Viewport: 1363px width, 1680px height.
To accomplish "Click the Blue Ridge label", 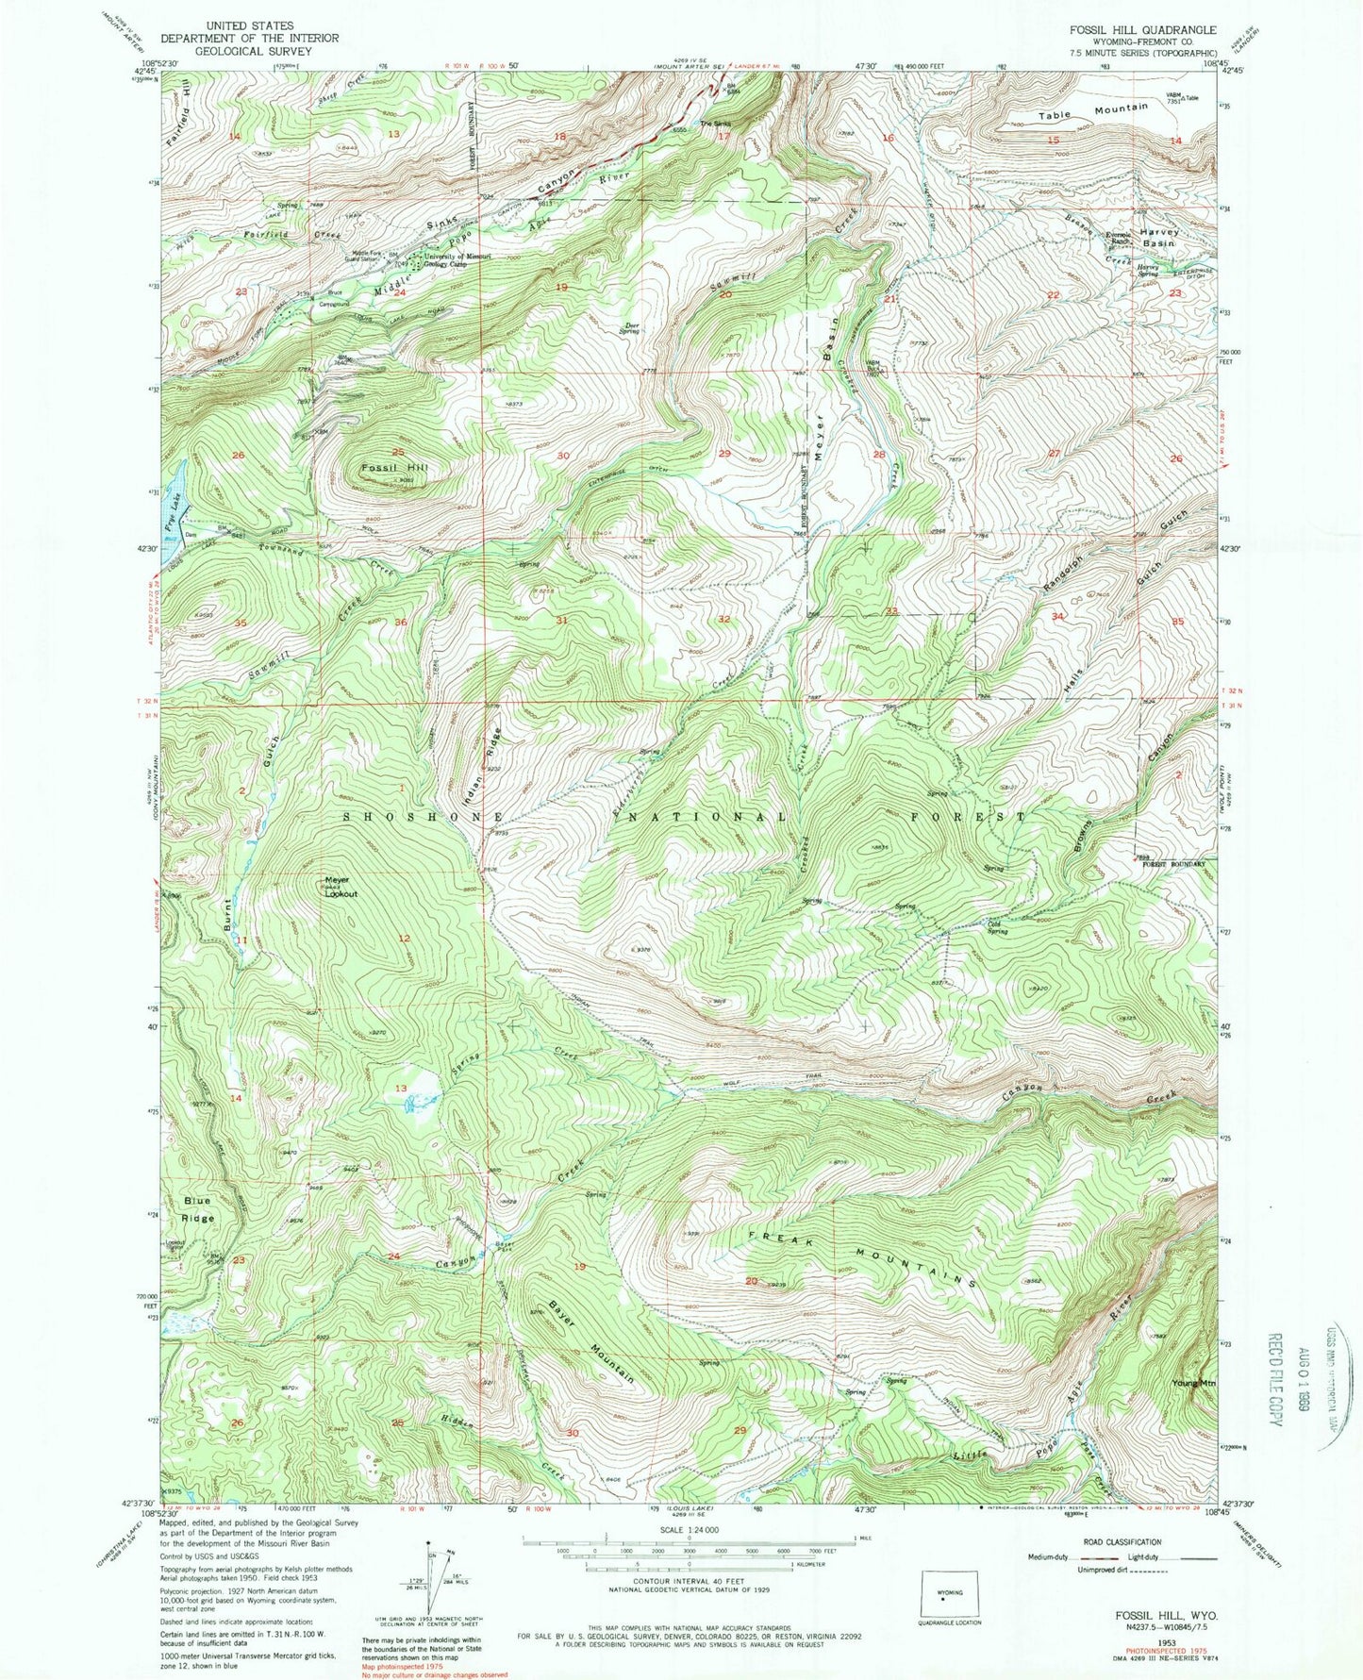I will pos(198,1209).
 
